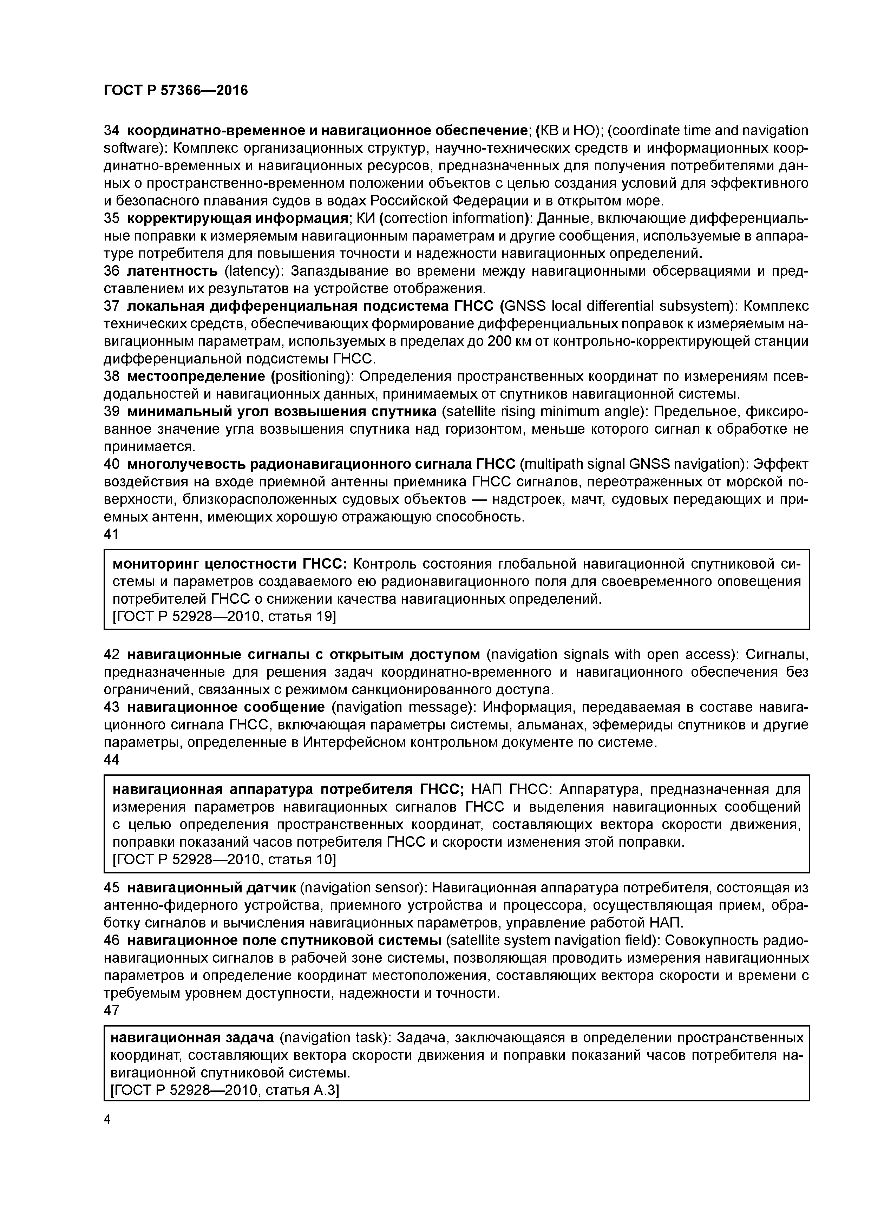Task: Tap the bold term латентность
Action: click(172, 271)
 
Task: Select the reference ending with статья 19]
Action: click(224, 617)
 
